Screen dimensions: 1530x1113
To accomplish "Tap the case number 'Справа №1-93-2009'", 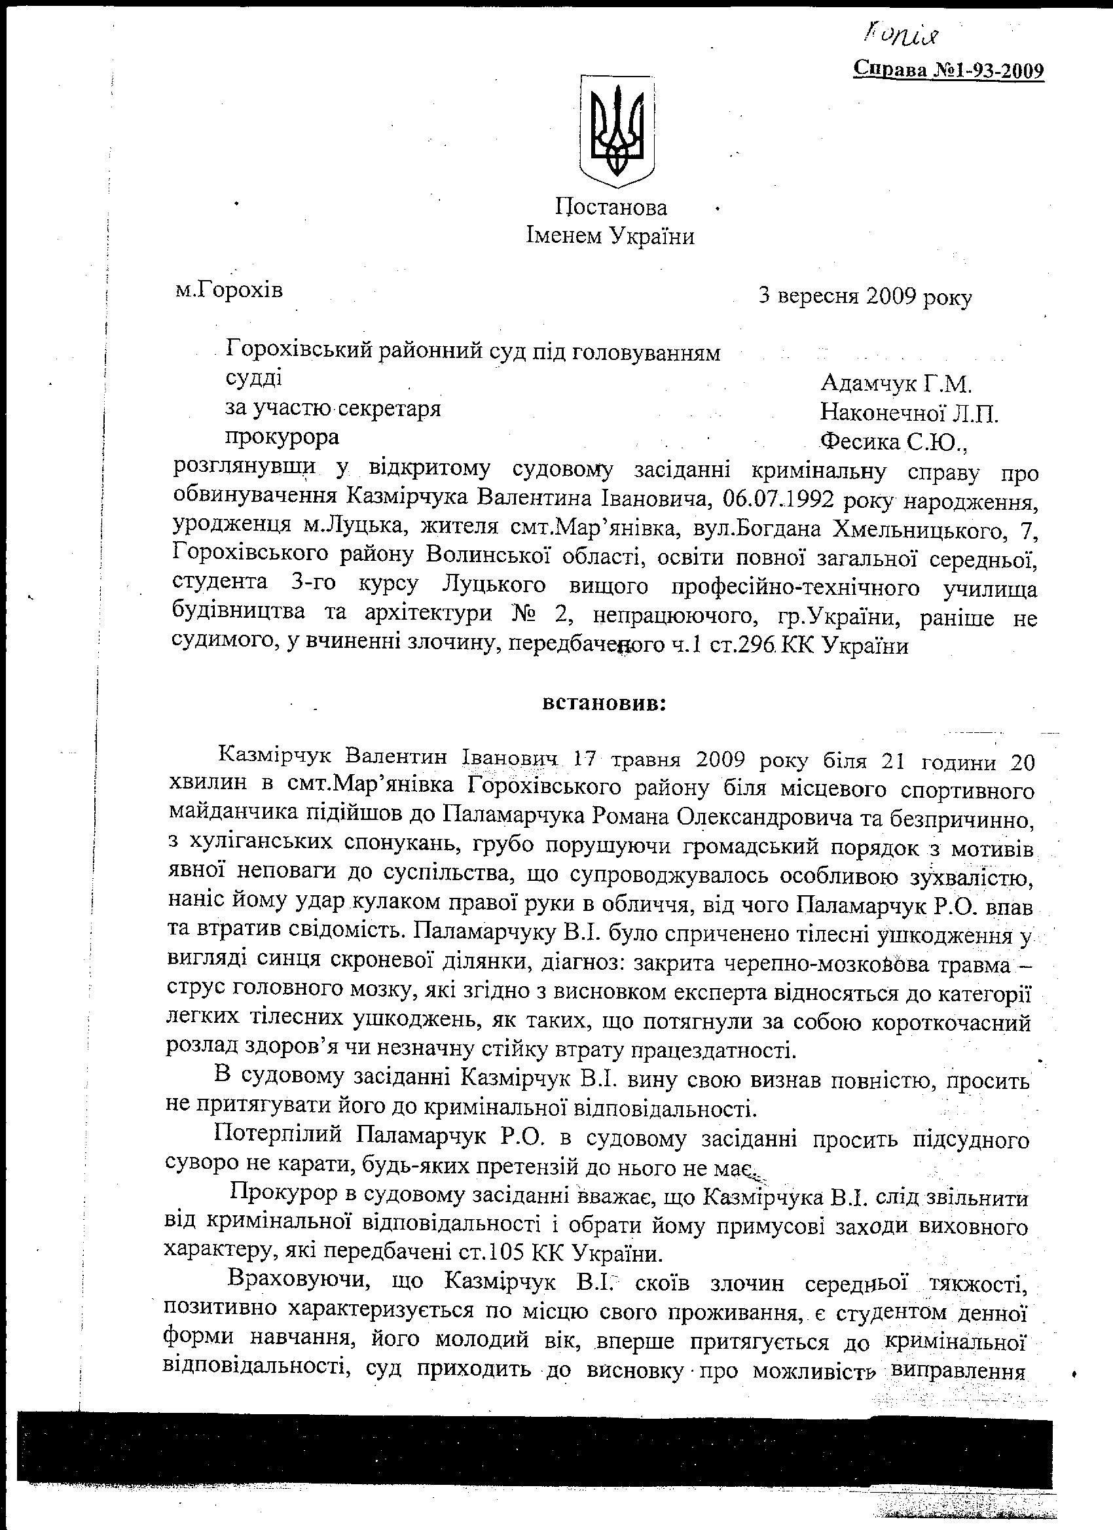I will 949,70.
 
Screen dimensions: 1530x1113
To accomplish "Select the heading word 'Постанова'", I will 611,206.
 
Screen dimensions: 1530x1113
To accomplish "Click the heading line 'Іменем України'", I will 610,236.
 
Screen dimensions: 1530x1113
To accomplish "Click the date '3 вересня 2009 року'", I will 866,297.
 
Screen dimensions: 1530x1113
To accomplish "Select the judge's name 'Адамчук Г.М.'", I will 896,384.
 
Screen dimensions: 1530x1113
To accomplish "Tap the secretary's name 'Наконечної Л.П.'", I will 909,413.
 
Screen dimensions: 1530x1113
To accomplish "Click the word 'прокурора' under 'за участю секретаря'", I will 282,437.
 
